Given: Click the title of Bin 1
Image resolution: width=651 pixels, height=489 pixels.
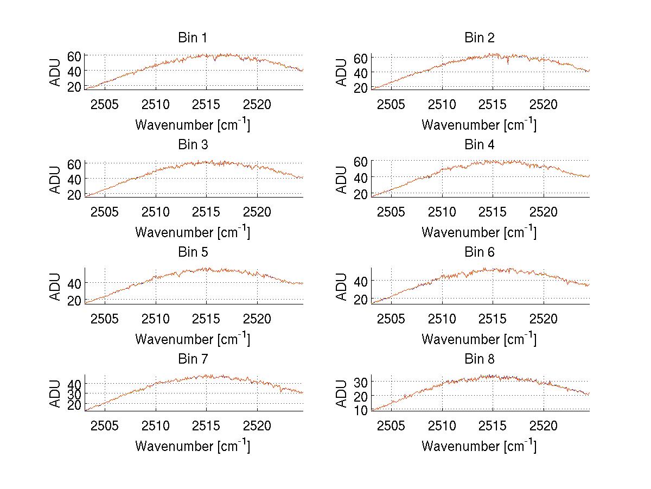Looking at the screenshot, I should click(193, 38).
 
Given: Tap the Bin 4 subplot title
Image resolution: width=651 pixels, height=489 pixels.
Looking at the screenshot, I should click(480, 145).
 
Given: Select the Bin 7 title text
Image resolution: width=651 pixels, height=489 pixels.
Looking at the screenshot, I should click(193, 359).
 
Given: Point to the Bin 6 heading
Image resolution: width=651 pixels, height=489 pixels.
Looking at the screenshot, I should click(480, 252).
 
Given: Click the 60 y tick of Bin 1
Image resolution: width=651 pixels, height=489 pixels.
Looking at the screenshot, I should click(74, 55).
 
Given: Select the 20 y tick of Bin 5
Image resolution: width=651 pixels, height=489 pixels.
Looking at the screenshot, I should click(74, 300).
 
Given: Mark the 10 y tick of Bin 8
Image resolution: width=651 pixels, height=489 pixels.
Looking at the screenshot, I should click(361, 410).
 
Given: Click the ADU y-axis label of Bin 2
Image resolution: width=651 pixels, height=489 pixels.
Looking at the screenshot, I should click(342, 72).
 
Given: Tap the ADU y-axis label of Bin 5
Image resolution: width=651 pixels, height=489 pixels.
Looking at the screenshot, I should click(55, 286).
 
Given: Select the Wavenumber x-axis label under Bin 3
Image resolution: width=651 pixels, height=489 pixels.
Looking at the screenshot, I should click(193, 232).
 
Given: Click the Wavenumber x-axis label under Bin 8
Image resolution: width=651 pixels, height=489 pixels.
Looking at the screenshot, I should click(480, 446).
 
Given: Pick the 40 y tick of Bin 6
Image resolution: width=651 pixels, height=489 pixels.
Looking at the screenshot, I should click(361, 281).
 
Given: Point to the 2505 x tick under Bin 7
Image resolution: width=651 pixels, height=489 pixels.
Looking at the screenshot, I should click(105, 425).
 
